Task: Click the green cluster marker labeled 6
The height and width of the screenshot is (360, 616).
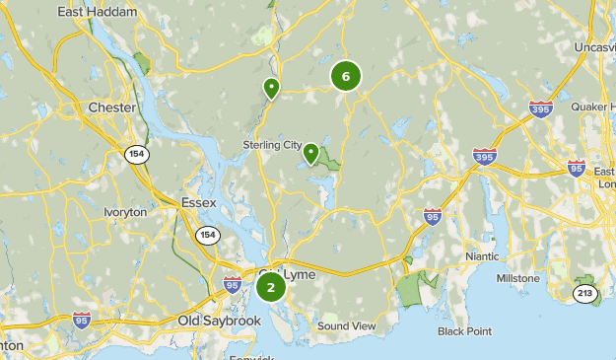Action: [x=345, y=76]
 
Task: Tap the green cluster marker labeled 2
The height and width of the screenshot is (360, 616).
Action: [x=271, y=288]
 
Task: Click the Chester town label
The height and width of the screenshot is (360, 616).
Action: [x=111, y=107]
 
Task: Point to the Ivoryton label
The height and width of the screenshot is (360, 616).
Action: [x=125, y=212]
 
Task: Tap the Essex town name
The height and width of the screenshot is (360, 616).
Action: [x=198, y=203]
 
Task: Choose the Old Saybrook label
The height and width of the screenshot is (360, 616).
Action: [x=219, y=321]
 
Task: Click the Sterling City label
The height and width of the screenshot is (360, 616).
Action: [x=272, y=145]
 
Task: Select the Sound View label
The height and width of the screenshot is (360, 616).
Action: [x=347, y=325]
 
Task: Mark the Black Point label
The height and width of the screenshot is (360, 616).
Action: [x=464, y=331]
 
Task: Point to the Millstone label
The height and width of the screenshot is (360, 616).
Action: [x=517, y=278]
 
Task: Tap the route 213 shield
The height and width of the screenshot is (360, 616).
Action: [x=586, y=293]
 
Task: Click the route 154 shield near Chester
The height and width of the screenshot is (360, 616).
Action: [x=136, y=154]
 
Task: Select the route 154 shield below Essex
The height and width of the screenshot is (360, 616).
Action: [x=207, y=235]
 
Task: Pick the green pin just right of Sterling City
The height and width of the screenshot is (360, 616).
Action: [x=310, y=153]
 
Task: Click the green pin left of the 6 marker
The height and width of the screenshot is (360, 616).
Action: [x=271, y=89]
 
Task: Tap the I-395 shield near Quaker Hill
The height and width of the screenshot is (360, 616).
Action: [x=540, y=108]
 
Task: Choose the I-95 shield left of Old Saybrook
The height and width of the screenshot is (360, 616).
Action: [x=83, y=320]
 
